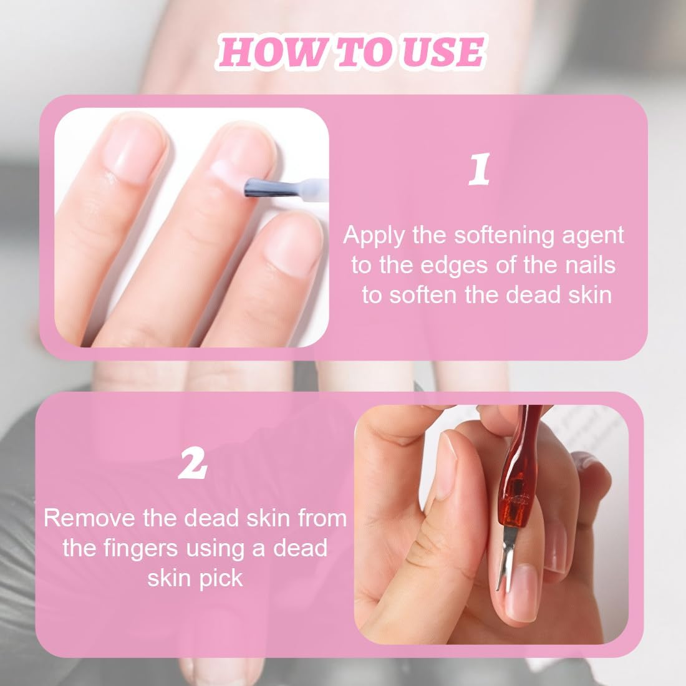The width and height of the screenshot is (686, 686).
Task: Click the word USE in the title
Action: click(442, 52)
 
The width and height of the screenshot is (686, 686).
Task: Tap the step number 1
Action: click(478, 169)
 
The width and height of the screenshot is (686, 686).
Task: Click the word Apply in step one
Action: click(374, 236)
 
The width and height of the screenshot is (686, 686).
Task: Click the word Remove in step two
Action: click(90, 518)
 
